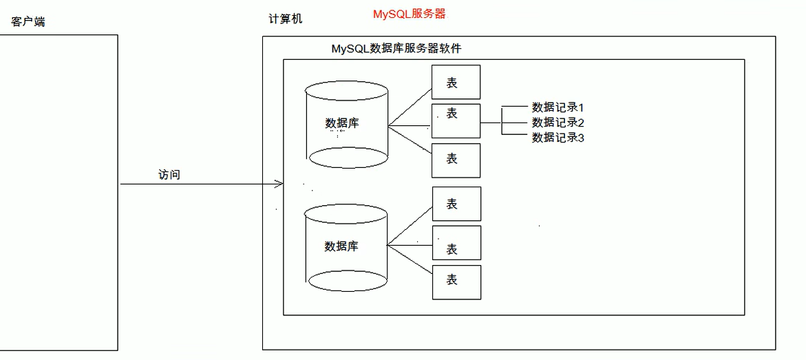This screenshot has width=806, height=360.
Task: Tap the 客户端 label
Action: [x=28, y=22]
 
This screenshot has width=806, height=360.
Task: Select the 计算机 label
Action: [x=285, y=19]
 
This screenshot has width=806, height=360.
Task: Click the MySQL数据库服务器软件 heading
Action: [x=396, y=49]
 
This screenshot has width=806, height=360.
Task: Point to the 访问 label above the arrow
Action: [x=169, y=175]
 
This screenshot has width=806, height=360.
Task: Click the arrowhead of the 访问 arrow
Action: [x=280, y=184]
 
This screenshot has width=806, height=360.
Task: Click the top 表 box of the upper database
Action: [x=456, y=82]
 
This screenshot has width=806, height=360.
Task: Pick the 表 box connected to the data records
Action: [x=456, y=120]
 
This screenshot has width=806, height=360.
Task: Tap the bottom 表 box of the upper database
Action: [x=456, y=160]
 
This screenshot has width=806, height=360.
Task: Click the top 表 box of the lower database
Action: [x=456, y=203]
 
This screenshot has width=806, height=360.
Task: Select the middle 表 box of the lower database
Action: [x=456, y=243]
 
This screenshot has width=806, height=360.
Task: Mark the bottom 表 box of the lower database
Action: [x=456, y=282]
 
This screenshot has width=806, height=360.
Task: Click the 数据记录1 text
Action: [x=558, y=107]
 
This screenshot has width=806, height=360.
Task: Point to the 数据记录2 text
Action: [x=558, y=123]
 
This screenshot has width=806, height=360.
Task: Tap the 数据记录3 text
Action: [x=558, y=138]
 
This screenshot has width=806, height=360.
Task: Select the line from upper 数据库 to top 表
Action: [x=410, y=108]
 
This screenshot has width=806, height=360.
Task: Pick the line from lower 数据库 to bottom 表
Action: [x=410, y=261]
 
